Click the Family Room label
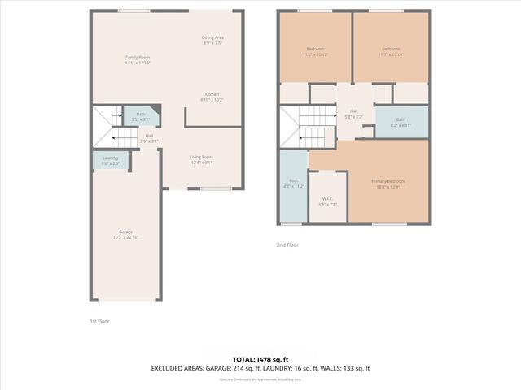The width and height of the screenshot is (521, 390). pyautogui.click(x=138, y=59)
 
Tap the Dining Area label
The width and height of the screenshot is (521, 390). pyautogui.click(x=212, y=40)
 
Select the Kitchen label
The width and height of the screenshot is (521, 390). pyautogui.click(x=212, y=97)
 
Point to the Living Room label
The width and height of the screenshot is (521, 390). pyautogui.click(x=201, y=159)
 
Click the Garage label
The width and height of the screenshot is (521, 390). pyautogui.click(x=126, y=234)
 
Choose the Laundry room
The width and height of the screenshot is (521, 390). pyautogui.click(x=111, y=160)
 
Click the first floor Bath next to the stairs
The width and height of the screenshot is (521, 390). pyautogui.click(x=141, y=117)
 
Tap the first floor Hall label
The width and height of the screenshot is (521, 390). pyautogui.click(x=149, y=138)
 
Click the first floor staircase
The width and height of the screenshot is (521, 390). pyautogui.click(x=104, y=127)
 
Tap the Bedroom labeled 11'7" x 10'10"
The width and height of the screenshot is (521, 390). pyautogui.click(x=390, y=52)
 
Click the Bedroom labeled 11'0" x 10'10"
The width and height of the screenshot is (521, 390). pyautogui.click(x=314, y=52)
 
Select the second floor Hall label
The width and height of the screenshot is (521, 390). pyautogui.click(x=353, y=114)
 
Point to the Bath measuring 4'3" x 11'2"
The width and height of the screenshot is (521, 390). pyautogui.click(x=293, y=184)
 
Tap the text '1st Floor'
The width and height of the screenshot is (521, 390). pyautogui.click(x=99, y=322)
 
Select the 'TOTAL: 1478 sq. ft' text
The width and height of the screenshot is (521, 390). pyautogui.click(x=260, y=358)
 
